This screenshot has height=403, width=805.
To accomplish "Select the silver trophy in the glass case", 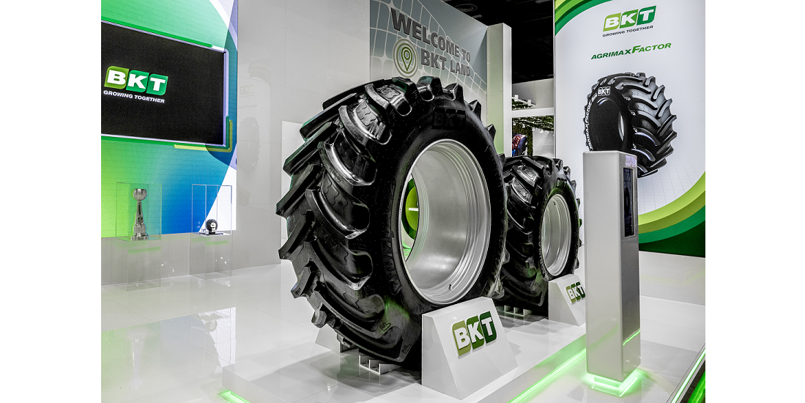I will click(x=139, y=212).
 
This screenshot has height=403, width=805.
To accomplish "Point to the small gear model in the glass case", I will click(x=212, y=226).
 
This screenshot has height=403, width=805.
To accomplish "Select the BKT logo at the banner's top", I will click(x=629, y=19).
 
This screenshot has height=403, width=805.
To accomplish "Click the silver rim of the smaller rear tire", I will click(x=557, y=233).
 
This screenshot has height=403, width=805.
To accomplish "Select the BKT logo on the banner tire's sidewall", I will click(x=604, y=91).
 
